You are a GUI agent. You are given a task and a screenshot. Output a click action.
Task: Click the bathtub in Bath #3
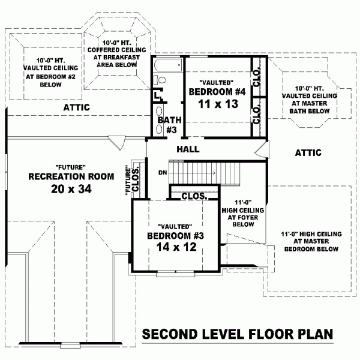click(168, 65)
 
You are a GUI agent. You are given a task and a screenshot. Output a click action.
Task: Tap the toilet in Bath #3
click(160, 80)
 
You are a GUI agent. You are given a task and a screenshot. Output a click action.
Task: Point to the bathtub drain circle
click(179, 65)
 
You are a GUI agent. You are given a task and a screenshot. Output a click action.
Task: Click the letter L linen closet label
click(157, 95)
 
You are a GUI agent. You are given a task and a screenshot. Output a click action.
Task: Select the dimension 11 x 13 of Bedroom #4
click(218, 104)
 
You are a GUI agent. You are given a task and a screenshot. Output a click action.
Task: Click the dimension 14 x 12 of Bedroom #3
click(176, 247)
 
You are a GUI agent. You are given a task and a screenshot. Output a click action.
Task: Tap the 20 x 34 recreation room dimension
click(71, 189)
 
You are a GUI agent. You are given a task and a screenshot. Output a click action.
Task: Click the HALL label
click(188, 149)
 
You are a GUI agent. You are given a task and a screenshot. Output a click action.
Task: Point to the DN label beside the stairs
click(163, 172)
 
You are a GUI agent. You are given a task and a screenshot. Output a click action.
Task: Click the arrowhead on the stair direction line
click(214, 173)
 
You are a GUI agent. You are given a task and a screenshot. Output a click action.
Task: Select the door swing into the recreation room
click(118, 143)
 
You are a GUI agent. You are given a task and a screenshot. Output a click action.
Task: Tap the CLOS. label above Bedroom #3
click(194, 196)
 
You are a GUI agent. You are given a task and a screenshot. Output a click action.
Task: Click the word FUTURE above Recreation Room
click(71, 167)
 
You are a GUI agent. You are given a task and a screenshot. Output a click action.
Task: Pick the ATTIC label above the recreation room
click(76, 107)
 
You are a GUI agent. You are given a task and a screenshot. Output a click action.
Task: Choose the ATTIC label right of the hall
click(308, 152)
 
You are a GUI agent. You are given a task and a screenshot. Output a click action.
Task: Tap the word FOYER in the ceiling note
click(250, 217)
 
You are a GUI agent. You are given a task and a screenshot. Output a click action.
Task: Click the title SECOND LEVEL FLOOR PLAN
click(238, 334)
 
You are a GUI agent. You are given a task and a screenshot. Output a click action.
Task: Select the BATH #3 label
click(170, 125)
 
